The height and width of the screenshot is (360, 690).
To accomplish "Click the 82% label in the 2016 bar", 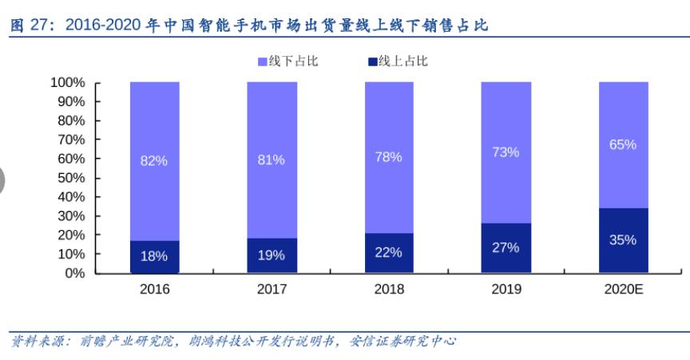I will tap(153, 160).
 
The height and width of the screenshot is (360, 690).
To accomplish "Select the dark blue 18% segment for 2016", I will tap(153, 257).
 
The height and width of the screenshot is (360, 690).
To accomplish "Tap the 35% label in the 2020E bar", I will tap(622, 239).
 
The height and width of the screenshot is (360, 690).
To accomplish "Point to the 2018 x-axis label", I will tap(388, 289).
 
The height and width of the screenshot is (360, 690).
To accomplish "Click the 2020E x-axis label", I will tap(622, 289).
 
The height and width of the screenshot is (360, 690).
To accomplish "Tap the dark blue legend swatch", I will tap(371, 61).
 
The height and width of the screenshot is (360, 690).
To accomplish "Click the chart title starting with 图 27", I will tap(248, 26).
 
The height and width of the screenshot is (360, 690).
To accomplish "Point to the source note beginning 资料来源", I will tap(232, 341).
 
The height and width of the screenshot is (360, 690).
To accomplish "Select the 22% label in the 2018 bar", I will tap(388, 252).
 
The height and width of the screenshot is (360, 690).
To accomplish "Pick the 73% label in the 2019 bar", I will tap(506, 152).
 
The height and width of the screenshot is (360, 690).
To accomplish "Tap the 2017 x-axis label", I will tap(271, 289).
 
